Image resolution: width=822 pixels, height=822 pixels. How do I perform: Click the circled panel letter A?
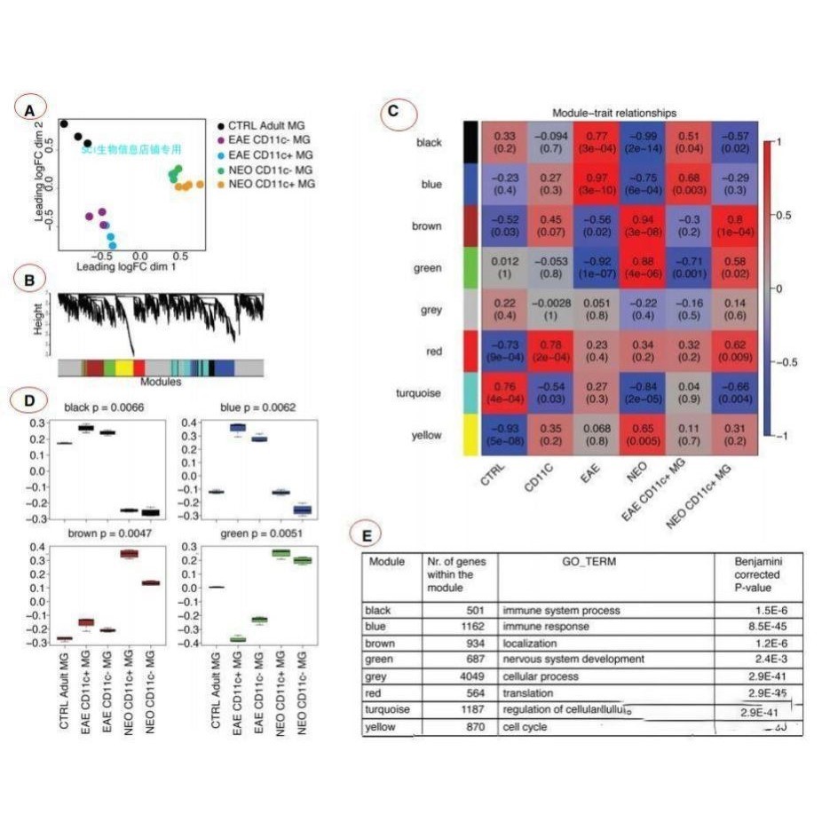click(30, 109)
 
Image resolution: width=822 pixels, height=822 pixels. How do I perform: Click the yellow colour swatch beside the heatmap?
click(470, 436)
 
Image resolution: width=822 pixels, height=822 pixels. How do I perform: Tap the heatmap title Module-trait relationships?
click(613, 113)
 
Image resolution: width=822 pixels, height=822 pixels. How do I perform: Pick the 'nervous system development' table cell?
click(573, 659)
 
